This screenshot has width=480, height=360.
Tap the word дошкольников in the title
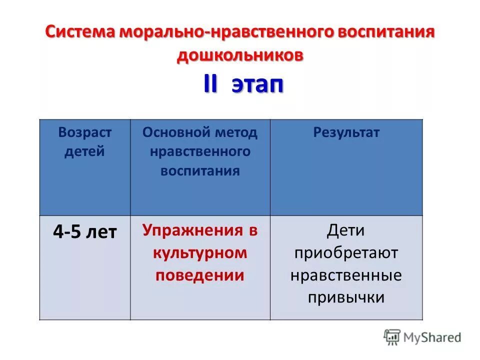239,55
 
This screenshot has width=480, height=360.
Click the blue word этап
257,85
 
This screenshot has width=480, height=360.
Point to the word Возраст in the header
85,132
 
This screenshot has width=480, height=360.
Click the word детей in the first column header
84,151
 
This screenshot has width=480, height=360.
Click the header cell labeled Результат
346,132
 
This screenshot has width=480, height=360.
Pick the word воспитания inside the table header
200,170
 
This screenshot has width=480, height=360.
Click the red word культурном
200,252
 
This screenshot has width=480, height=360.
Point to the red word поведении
200,275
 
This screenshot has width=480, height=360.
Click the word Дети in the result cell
346,230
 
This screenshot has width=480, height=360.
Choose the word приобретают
346,253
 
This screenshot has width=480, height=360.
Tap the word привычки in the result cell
346,297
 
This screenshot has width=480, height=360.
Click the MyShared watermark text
433,337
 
